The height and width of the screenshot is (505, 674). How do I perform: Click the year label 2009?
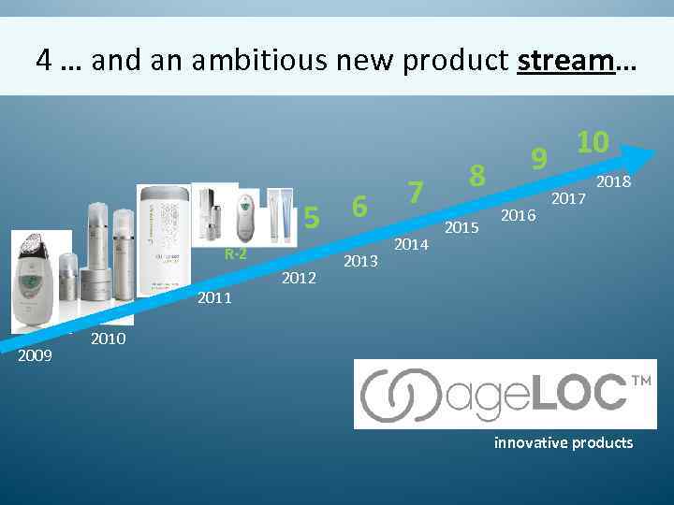(36, 355)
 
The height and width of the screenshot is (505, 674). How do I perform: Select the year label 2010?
(108, 339)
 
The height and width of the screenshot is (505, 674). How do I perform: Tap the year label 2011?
(214, 298)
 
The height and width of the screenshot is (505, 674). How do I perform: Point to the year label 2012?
(300, 278)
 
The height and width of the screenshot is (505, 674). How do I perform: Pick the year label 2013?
(361, 261)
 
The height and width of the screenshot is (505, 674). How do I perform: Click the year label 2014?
(410, 244)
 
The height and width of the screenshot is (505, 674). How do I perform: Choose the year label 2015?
(462, 227)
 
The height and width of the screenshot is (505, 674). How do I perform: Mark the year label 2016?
(518, 215)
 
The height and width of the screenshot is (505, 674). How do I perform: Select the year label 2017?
(567, 198)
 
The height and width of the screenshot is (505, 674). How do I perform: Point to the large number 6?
(358, 205)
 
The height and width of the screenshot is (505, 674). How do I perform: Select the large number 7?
(417, 192)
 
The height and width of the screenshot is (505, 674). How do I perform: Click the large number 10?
(593, 142)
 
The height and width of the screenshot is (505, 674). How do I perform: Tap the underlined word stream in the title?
(564, 61)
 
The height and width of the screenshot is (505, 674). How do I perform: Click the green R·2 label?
(234, 254)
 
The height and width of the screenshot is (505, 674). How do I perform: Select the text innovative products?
(563, 442)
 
